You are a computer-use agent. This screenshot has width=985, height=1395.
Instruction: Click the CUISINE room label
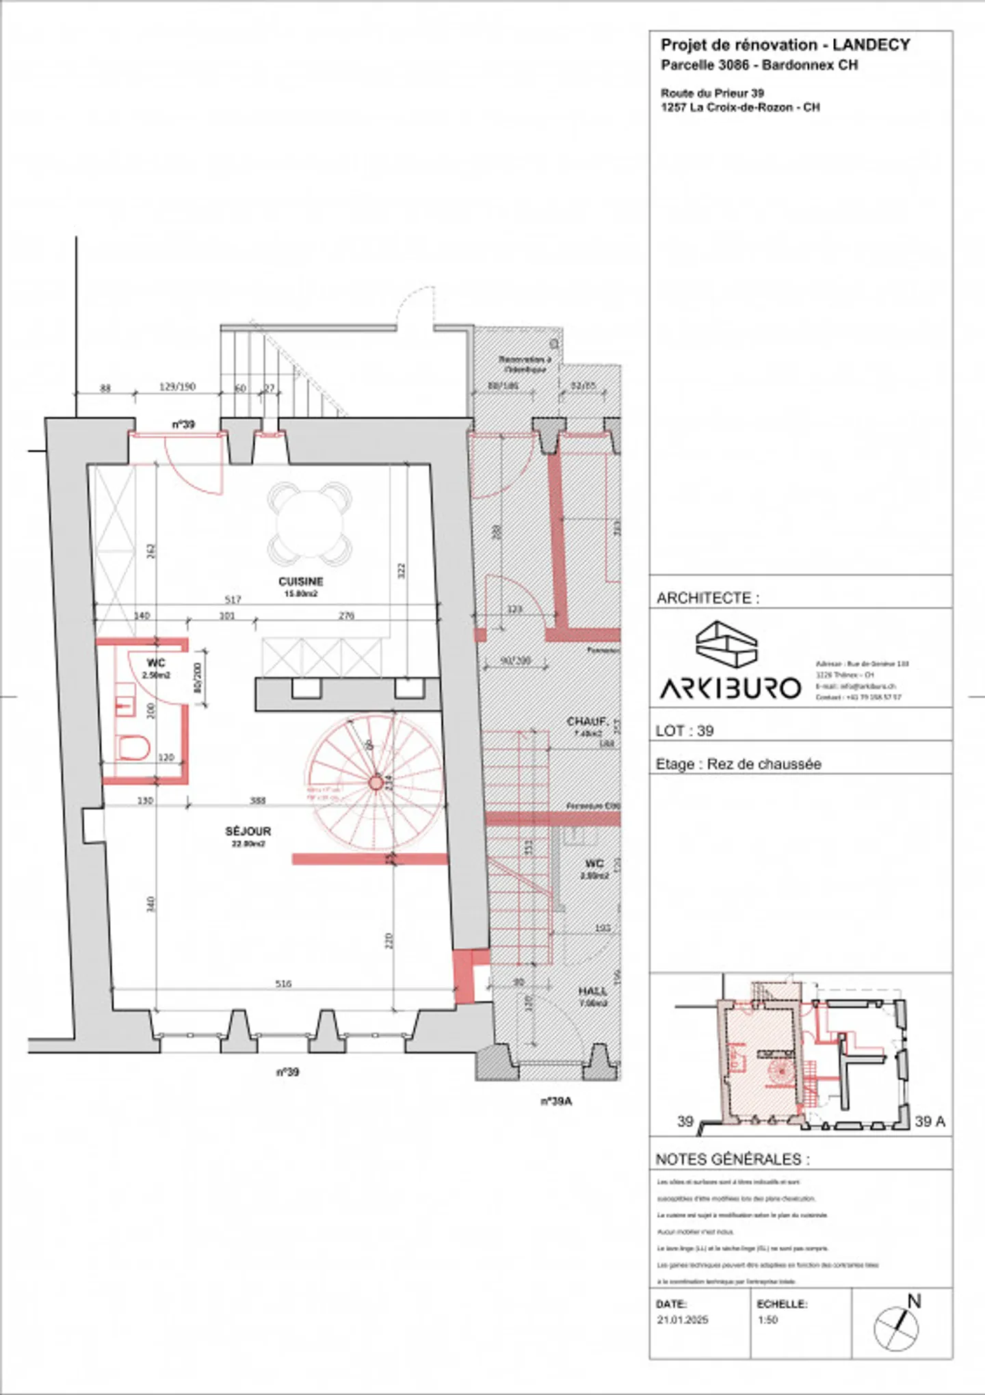click(301, 582)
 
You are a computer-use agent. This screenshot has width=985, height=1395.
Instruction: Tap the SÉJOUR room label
click(248, 831)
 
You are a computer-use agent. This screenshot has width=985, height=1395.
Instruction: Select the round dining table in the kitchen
click(310, 524)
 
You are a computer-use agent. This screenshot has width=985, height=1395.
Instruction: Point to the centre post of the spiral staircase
click(376, 783)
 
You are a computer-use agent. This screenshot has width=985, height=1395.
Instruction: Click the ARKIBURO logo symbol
click(726, 644)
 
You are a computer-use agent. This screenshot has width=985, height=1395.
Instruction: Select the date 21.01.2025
click(683, 1320)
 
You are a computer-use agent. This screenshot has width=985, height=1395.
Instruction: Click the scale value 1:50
click(767, 1320)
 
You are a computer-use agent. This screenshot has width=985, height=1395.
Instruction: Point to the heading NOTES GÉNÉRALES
click(732, 1160)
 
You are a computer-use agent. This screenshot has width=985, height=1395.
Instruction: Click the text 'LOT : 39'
click(684, 731)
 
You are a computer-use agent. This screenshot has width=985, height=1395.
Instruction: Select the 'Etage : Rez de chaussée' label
click(738, 764)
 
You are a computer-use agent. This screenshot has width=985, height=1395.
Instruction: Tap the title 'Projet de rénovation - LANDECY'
click(785, 45)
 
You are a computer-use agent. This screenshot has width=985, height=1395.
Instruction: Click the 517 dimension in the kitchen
click(233, 599)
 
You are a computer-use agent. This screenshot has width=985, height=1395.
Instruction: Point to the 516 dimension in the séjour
click(283, 984)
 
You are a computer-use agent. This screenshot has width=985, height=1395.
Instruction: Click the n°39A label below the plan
click(555, 1101)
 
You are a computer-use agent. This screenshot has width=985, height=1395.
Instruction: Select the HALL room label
click(592, 991)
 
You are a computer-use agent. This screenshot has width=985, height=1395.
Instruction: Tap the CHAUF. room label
click(588, 722)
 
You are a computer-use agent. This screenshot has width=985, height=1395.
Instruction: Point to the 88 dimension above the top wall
click(105, 388)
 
